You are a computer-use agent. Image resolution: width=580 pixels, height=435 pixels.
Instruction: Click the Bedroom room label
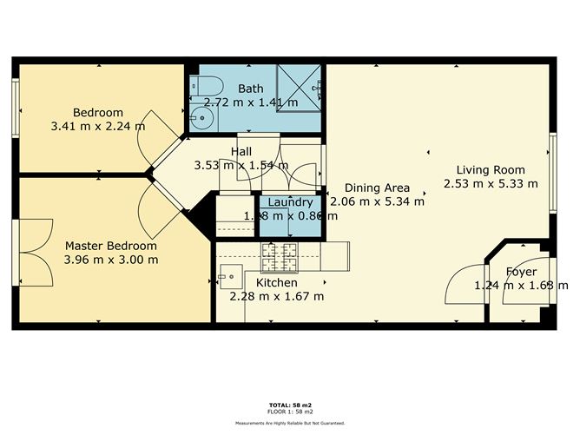(x=97, y=112)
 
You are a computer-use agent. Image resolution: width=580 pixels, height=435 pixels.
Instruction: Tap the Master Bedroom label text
(x=111, y=246)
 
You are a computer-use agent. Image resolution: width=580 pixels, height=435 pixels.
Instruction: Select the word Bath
(x=251, y=89)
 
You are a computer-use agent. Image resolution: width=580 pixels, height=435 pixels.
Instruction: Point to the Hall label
(x=241, y=151)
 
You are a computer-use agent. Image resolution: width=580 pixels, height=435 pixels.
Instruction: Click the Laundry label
(x=290, y=202)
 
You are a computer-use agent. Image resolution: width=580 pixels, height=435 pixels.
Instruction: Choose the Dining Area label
(x=376, y=188)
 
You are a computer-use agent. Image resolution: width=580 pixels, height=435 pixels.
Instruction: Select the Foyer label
(x=521, y=272)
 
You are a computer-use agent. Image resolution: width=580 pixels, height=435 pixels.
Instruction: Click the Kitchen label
(x=277, y=283)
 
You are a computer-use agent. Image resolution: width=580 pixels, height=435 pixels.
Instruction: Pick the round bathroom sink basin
(x=202, y=121)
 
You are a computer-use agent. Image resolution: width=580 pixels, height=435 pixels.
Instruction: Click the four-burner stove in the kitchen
(x=280, y=256)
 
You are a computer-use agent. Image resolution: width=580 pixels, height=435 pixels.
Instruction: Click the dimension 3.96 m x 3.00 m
(x=111, y=260)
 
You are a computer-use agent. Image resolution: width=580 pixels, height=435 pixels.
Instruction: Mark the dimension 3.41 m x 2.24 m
(x=97, y=126)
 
